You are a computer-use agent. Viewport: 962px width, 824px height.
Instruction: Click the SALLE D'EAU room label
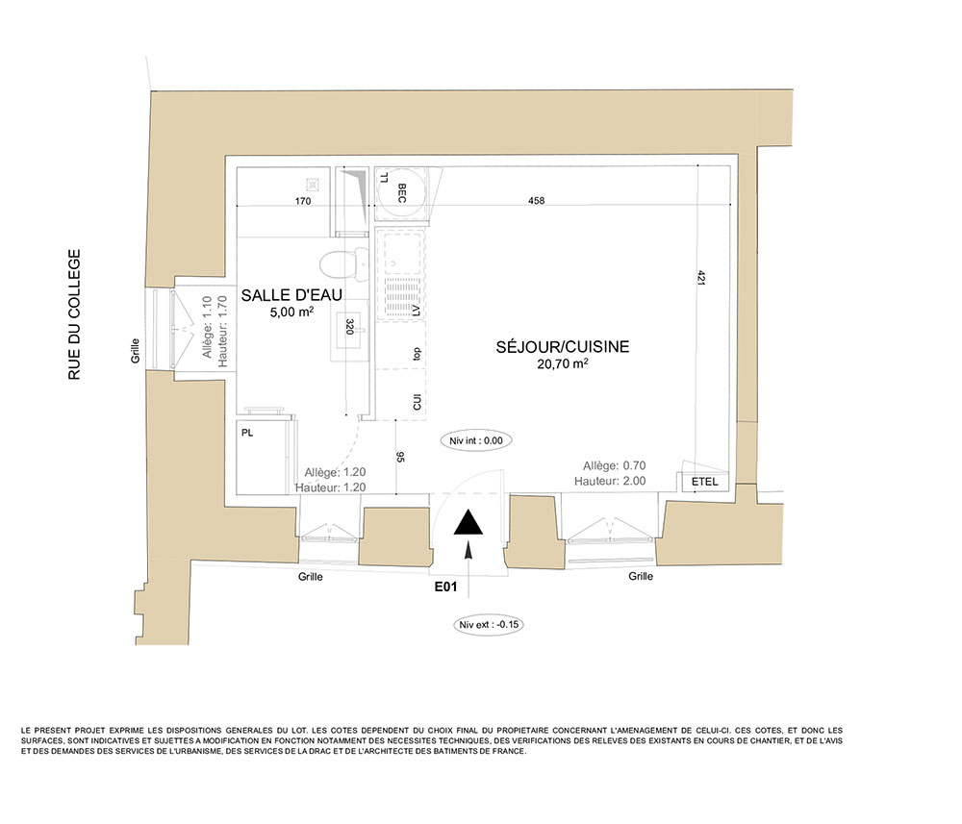[291, 295]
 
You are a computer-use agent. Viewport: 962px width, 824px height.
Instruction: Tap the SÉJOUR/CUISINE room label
[563, 346]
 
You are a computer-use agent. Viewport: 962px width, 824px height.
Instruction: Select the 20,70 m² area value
[563, 363]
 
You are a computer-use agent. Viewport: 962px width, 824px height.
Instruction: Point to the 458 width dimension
[536, 201]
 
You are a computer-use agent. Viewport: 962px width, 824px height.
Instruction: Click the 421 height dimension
[701, 277]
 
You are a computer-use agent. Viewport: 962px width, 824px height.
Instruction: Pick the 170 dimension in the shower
[303, 201]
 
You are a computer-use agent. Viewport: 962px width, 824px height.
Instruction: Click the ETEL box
[704, 482]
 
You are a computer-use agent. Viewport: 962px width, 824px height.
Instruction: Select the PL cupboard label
[247, 433]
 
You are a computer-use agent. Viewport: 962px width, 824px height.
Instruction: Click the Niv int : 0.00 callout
[476, 440]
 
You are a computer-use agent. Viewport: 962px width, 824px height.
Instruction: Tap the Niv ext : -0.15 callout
[489, 625]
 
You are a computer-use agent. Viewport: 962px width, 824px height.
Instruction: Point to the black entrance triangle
[468, 522]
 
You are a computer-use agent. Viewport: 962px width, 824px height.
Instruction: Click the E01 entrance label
[446, 587]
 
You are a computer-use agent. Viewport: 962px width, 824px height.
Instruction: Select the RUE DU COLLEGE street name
[74, 314]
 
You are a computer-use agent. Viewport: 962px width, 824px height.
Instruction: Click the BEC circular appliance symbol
[401, 193]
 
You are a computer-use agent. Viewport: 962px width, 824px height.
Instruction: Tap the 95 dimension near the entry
[400, 456]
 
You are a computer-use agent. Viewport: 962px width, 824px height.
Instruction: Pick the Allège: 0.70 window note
[614, 465]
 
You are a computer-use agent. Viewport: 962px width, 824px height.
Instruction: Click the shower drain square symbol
[313, 184]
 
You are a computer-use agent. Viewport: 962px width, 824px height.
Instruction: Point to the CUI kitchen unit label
[418, 402]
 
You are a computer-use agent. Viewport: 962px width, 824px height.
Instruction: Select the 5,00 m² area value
[291, 312]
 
